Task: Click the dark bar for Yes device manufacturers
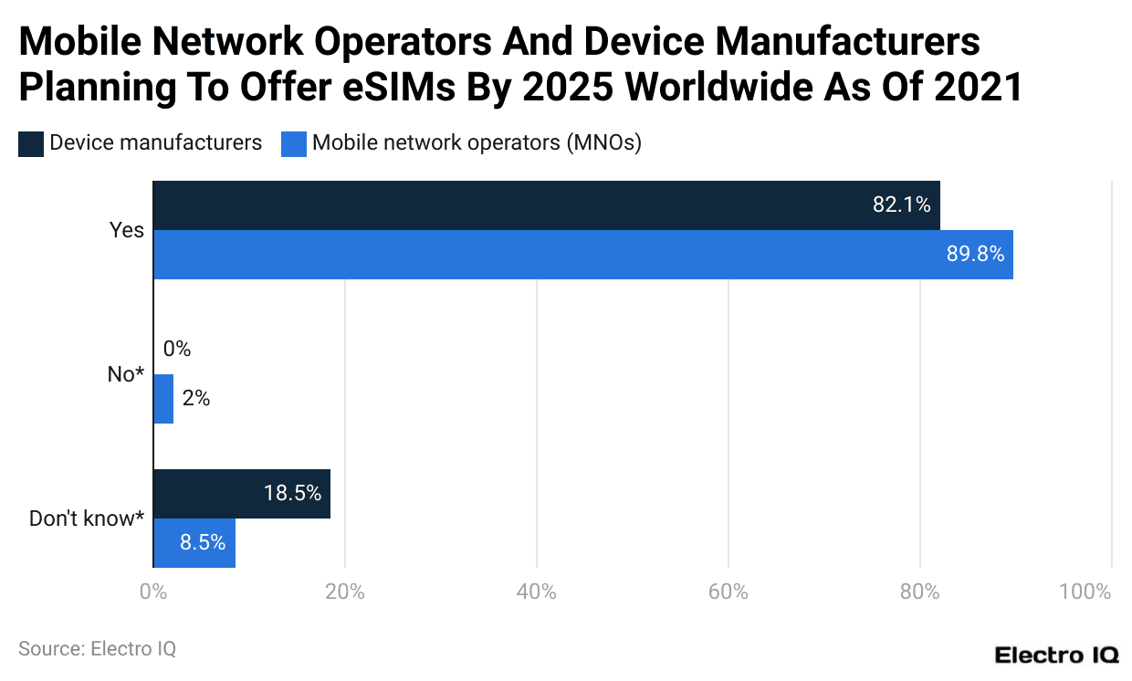[546, 205]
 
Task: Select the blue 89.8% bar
[582, 255]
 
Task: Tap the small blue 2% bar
[162, 399]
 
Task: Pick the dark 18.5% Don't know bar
[241, 494]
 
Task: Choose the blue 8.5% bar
[194, 543]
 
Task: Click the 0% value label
[177, 350]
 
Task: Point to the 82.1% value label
[901, 205]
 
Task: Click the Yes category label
[127, 230]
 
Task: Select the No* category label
[126, 374]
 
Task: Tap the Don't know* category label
[87, 519]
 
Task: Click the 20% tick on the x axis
[344, 592]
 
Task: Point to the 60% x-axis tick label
[728, 592]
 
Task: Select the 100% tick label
[1085, 592]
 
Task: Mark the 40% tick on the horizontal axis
[536, 592]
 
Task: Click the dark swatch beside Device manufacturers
[31, 143]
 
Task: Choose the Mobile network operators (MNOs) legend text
[477, 143]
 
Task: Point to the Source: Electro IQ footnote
[97, 649]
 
